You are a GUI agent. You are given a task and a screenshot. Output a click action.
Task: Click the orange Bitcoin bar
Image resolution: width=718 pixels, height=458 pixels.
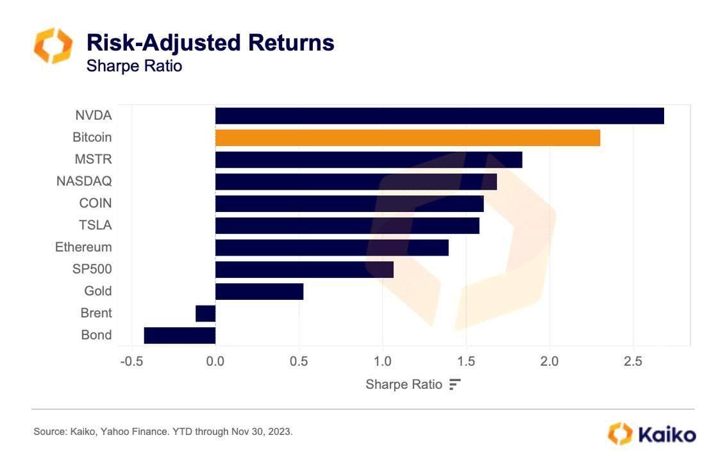pos(407,138)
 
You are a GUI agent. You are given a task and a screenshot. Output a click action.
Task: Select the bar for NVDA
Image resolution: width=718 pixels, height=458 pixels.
pos(439,116)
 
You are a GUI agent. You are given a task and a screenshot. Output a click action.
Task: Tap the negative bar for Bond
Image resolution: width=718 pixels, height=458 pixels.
pos(180,335)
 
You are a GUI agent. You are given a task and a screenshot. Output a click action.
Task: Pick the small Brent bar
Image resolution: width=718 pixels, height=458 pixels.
pos(205,313)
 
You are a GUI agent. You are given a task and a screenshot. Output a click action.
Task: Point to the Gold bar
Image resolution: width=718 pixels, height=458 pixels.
pos(259,291)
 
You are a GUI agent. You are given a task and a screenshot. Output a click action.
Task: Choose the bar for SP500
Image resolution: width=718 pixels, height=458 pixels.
pos(304,269)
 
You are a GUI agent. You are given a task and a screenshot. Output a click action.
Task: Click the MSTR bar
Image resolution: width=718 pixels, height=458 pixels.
pos(369,159)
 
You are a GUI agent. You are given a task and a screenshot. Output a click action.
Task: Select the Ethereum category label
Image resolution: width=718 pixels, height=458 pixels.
pos(83,247)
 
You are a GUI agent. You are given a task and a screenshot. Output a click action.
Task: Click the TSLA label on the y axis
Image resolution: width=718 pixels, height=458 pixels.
pos(95,225)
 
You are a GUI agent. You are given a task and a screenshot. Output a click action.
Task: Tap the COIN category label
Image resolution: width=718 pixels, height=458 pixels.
pos(95,203)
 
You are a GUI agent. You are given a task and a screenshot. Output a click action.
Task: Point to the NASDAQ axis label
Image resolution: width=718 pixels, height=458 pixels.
pos(84,181)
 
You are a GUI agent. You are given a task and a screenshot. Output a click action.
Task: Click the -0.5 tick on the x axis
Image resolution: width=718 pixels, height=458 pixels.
pos(131,361)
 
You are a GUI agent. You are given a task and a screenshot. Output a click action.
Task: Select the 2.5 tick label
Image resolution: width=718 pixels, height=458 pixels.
pos(633,361)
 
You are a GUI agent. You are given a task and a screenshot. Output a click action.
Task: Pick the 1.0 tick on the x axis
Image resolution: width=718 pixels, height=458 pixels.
pos(382,361)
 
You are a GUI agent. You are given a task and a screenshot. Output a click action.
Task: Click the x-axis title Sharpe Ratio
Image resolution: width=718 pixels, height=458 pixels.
pos(403,384)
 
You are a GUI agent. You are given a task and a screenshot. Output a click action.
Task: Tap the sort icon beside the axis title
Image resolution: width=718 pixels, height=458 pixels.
pos(455,384)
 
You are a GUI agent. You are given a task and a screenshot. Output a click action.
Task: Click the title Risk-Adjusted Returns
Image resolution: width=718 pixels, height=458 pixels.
pos(210,42)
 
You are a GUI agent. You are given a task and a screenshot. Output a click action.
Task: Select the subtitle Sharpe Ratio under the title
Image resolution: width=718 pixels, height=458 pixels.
pos(134,65)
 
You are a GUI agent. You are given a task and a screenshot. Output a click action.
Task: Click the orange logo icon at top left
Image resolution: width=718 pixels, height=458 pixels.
pos(53,46)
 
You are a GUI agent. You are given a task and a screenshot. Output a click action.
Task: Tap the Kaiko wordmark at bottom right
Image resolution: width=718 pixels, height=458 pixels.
pos(666,434)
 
